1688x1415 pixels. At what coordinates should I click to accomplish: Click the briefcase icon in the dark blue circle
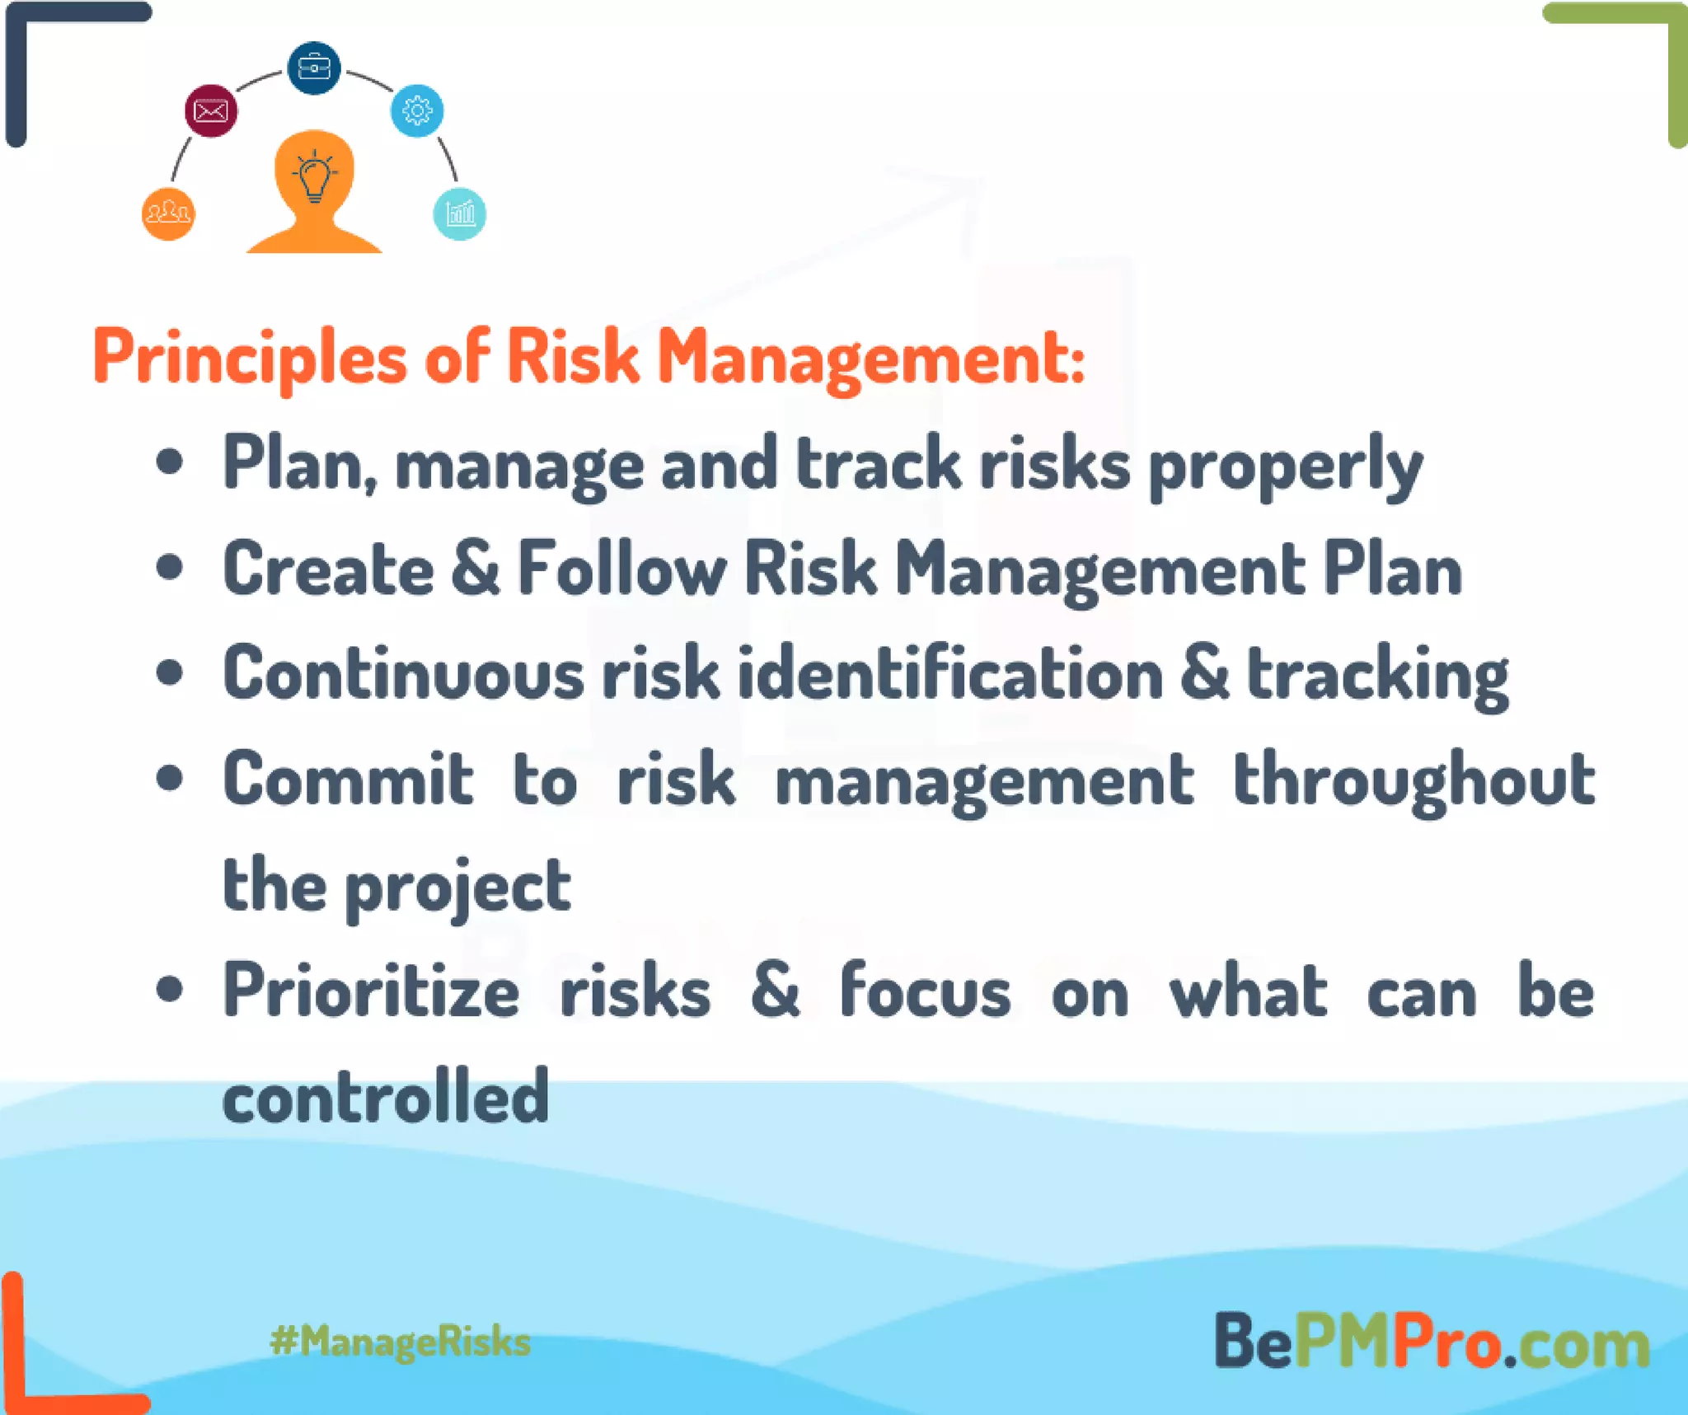pyautogui.click(x=313, y=68)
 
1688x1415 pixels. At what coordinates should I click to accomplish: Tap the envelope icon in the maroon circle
pyautogui.click(x=211, y=110)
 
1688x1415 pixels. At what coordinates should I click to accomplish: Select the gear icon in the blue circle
pyautogui.click(x=417, y=110)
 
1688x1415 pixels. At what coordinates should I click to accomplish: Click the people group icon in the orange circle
pyautogui.click(x=168, y=214)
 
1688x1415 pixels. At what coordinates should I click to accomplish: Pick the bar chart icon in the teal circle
pyautogui.click(x=459, y=214)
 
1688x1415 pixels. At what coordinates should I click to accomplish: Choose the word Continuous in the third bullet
pyautogui.click(x=404, y=674)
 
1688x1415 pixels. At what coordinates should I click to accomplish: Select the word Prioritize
pyautogui.click(x=371, y=991)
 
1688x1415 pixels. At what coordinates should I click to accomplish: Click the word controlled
pyautogui.click(x=386, y=1096)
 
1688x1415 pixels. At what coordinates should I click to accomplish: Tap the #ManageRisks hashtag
pyautogui.click(x=400, y=1342)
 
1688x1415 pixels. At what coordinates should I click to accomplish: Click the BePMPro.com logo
pyautogui.click(x=1432, y=1342)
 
